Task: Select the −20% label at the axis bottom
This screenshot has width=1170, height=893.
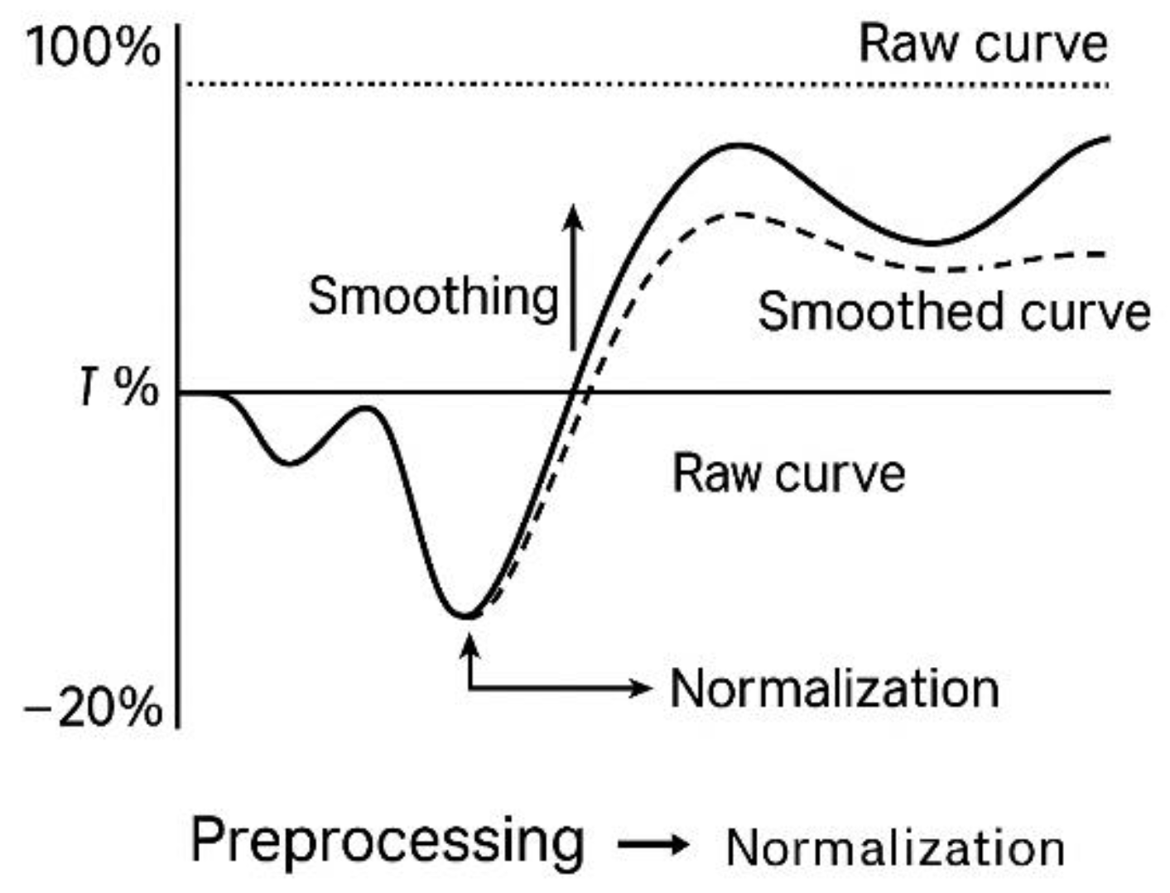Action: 93,708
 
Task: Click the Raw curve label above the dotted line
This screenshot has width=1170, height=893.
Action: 983,43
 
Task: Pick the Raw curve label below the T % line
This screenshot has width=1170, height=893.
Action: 788,473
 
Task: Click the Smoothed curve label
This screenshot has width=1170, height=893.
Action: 954,312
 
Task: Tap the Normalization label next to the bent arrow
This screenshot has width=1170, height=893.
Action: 835,689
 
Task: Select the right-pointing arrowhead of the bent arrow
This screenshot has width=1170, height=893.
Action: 639,687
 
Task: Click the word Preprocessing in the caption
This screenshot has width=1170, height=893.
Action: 388,840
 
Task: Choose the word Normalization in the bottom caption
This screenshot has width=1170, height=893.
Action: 895,847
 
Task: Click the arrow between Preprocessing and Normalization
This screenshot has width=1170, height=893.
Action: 653,845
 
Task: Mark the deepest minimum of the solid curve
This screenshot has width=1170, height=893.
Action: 466,615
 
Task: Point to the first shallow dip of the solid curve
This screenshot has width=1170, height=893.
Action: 289,463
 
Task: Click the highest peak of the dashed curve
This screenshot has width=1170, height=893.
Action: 737,214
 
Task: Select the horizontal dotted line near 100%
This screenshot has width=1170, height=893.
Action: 646,84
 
